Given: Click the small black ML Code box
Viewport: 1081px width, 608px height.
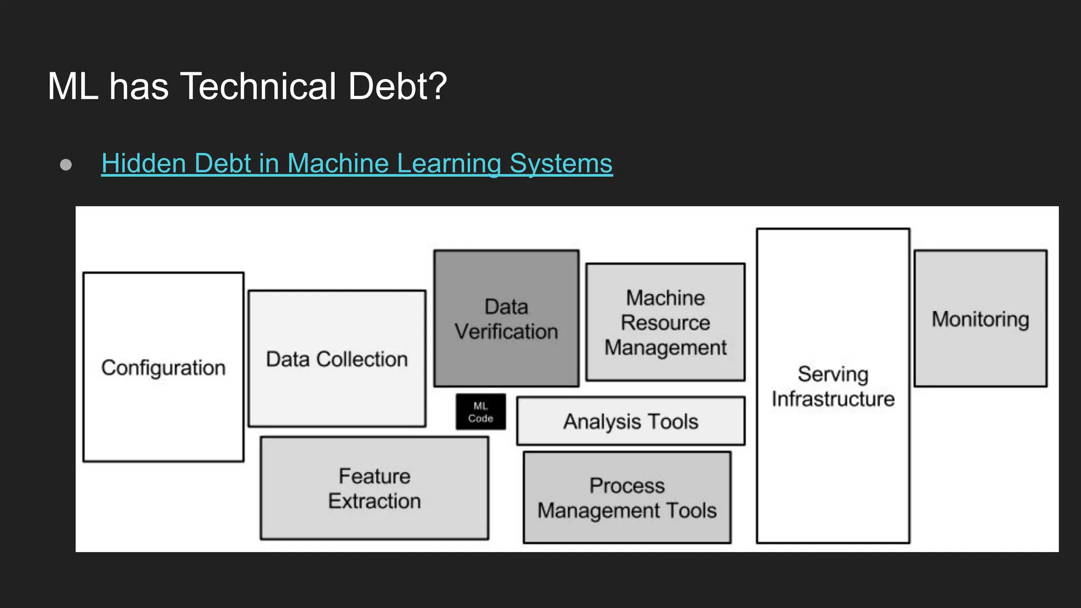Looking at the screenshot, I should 480,412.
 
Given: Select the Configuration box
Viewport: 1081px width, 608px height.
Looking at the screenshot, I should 163,367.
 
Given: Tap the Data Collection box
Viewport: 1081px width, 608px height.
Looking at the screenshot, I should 337,359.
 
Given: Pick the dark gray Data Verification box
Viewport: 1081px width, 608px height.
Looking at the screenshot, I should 506,319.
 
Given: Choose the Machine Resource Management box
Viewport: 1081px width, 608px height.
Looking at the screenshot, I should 665,322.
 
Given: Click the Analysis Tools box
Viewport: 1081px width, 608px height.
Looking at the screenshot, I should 630,421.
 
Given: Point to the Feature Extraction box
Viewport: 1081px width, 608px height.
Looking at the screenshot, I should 374,488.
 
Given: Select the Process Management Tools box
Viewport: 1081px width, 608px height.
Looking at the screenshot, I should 627,498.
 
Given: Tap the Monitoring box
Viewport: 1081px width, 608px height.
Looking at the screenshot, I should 980,319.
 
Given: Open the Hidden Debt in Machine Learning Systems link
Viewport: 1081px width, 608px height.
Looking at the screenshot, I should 357,163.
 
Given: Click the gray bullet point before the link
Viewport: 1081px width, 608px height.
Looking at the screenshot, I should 66,165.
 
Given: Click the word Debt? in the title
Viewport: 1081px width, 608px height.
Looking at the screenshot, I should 397,86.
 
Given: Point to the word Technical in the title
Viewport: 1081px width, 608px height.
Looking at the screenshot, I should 258,86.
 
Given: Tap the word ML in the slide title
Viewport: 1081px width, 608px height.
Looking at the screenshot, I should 73,86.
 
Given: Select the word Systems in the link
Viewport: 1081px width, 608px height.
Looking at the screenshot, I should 561,163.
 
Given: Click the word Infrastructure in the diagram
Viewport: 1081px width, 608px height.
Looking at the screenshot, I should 833,399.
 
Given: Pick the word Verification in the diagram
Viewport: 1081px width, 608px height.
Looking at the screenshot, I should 506,331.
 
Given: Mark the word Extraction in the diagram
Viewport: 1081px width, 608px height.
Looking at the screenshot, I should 374,501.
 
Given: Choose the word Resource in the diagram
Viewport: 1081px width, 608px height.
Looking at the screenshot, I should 665,322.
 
